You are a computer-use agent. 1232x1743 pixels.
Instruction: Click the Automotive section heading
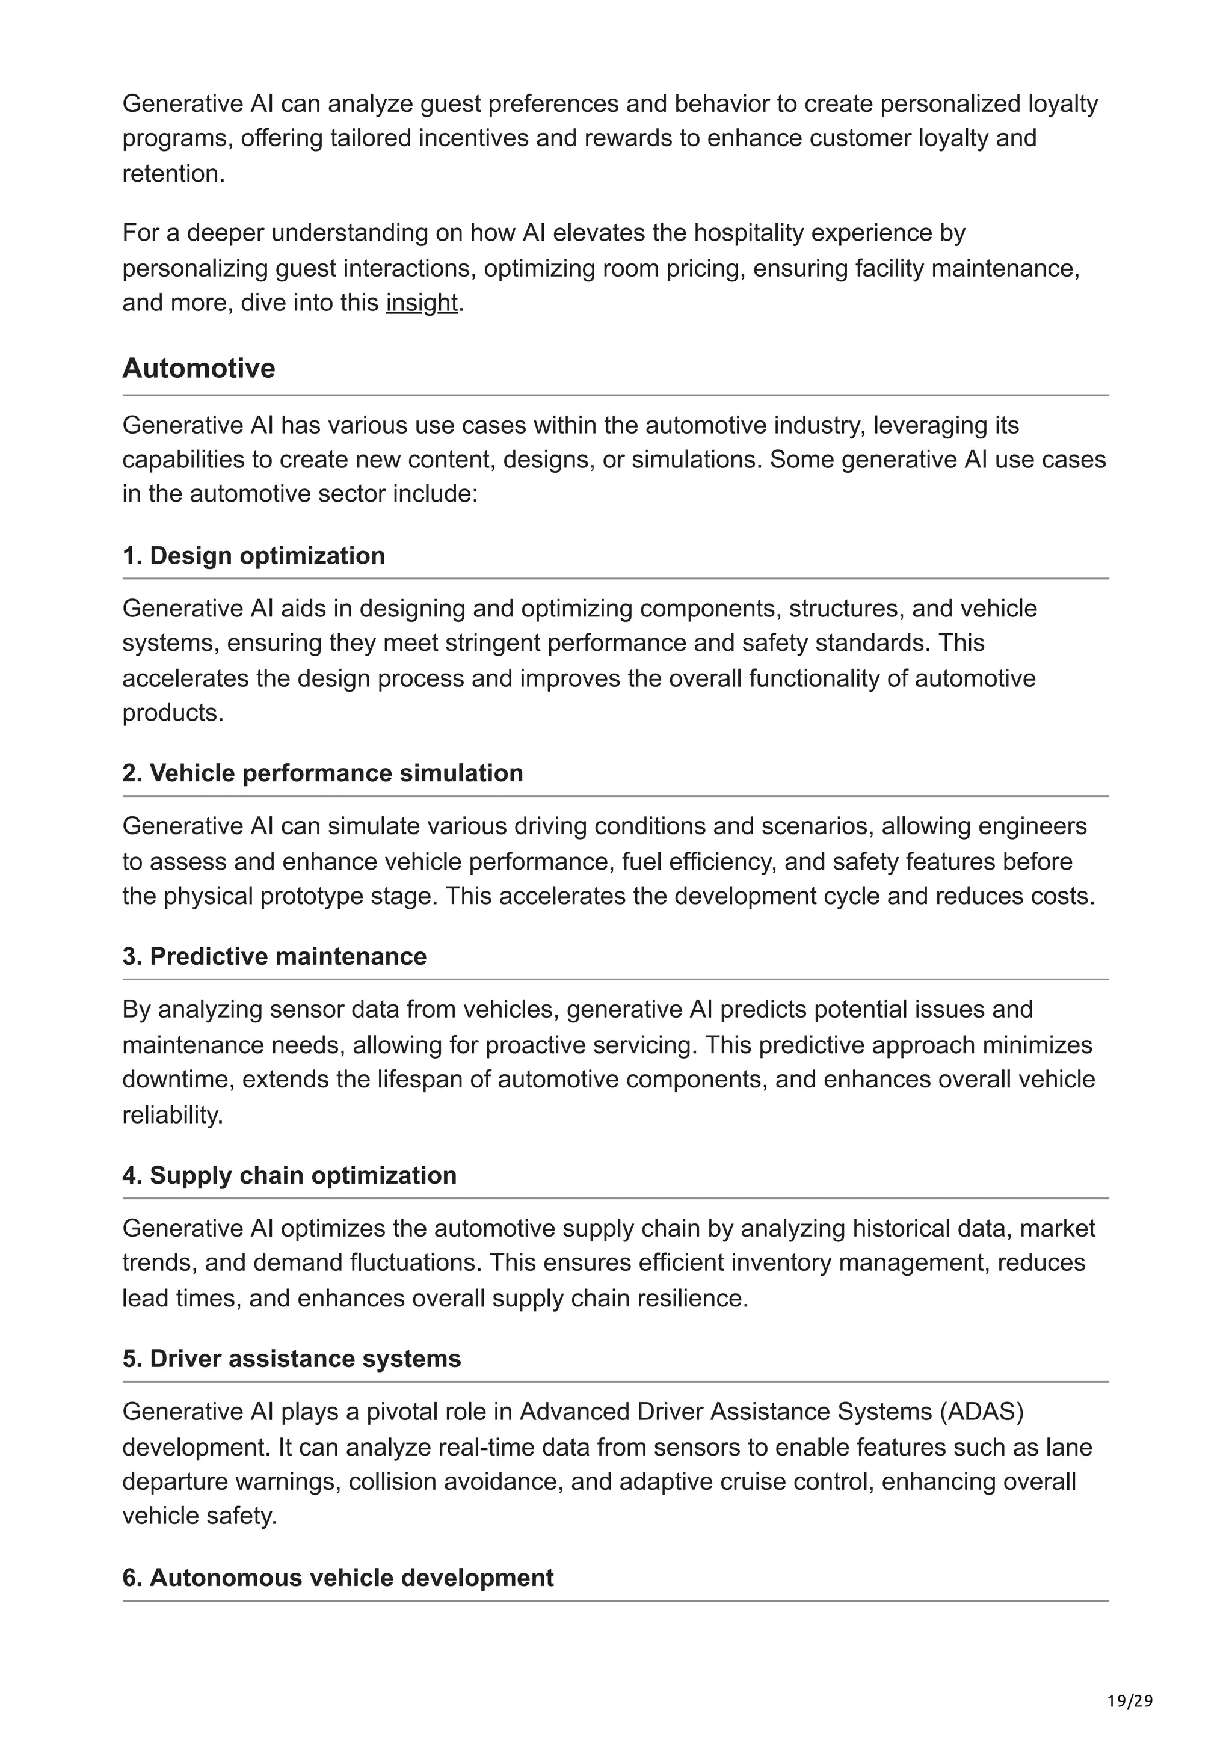click(199, 368)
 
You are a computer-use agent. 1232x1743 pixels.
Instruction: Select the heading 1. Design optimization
click(253, 556)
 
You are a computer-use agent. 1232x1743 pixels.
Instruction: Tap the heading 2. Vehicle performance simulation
click(322, 773)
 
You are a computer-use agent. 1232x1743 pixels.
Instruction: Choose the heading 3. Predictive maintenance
click(274, 956)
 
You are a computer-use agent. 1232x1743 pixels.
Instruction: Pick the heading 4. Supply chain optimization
click(289, 1175)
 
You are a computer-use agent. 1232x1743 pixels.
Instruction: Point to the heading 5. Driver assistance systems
click(292, 1358)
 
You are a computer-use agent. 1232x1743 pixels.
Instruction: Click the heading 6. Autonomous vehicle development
click(338, 1578)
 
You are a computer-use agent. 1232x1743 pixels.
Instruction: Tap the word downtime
click(179, 1079)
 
